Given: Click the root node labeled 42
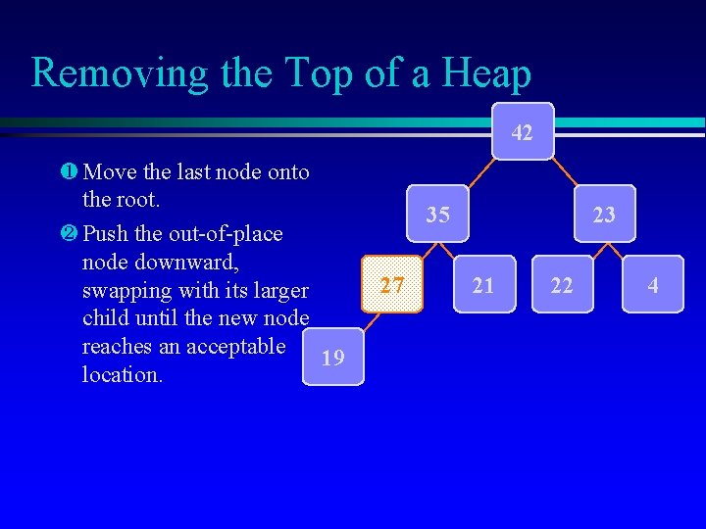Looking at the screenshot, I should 523,131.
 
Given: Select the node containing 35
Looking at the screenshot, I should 438,214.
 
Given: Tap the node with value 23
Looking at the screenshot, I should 605,214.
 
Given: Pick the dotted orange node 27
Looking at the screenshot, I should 392,284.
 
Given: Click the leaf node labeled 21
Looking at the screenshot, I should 483,285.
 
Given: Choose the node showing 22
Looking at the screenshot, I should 562,285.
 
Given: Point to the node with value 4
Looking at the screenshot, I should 653,285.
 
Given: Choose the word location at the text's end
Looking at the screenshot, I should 122,374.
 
